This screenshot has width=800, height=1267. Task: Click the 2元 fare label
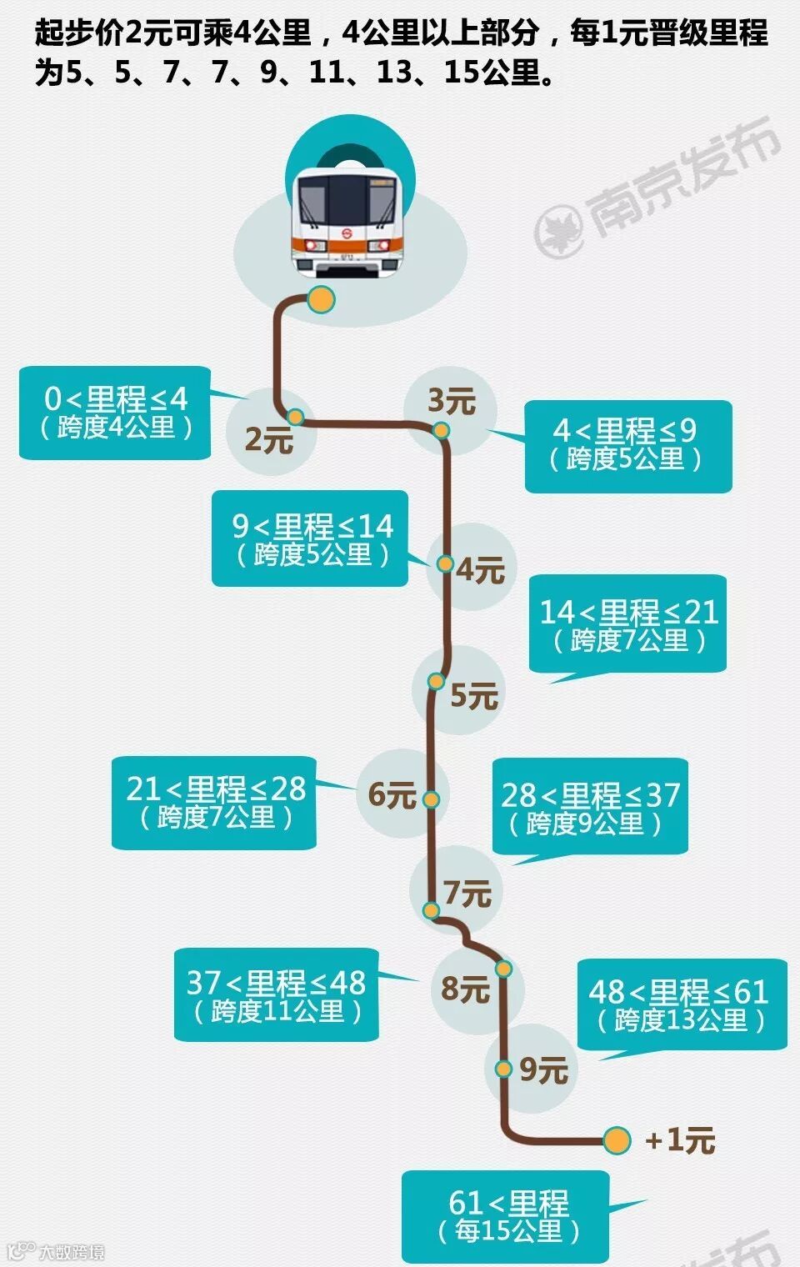click(x=269, y=439)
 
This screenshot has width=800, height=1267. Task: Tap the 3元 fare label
click(x=451, y=401)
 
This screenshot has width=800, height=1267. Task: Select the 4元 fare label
click(x=481, y=571)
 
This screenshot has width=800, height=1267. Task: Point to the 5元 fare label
click(x=474, y=695)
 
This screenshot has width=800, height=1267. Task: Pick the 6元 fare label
click(x=392, y=794)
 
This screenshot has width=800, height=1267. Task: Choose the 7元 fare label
click(x=467, y=894)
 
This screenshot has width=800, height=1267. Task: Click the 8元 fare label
click(x=465, y=989)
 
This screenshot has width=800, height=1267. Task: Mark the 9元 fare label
click(x=543, y=1070)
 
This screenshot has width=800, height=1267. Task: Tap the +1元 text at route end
click(x=680, y=1140)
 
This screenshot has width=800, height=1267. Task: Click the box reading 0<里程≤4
click(x=115, y=413)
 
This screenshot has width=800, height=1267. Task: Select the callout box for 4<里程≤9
click(x=628, y=446)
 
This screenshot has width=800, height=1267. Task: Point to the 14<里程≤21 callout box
click(x=628, y=623)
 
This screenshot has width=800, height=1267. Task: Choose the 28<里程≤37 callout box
click(x=590, y=806)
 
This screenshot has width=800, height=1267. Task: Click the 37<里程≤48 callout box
click(x=276, y=994)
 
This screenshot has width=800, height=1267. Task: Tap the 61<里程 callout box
click(x=506, y=1216)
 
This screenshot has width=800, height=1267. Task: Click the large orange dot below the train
click(x=320, y=299)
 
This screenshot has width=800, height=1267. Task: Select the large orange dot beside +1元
click(x=617, y=1140)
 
